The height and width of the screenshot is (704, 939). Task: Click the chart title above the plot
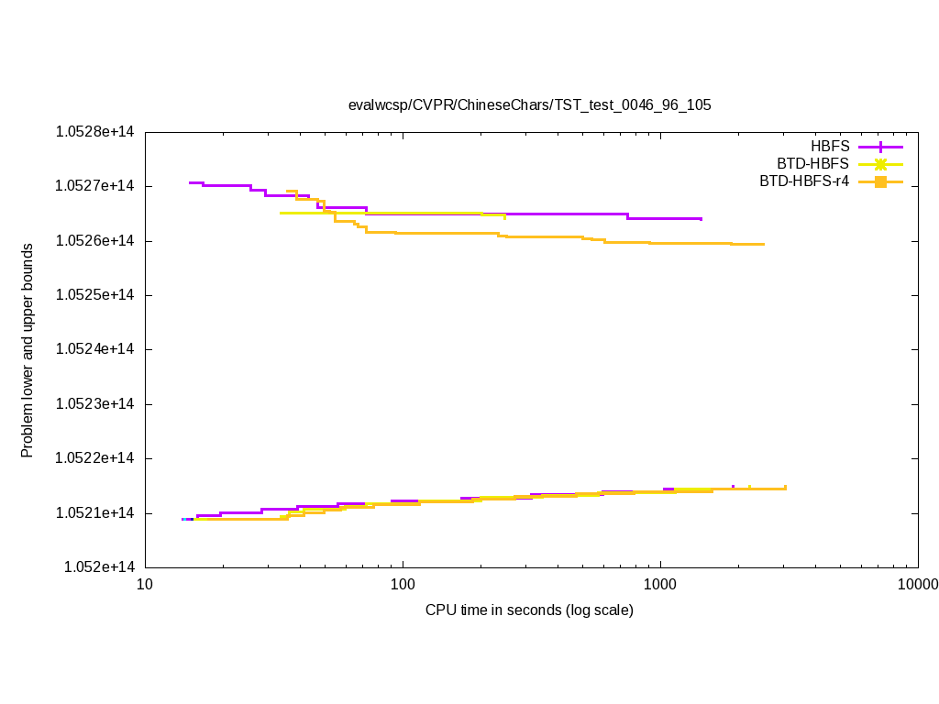point(529,104)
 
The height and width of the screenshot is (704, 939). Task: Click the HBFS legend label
point(830,146)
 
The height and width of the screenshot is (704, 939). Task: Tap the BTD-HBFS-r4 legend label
point(804,181)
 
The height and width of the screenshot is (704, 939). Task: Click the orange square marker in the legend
point(880,181)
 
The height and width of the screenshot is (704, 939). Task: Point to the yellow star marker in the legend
point(880,164)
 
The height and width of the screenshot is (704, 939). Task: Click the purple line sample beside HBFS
point(880,147)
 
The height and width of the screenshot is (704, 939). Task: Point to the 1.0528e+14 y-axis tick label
point(95,132)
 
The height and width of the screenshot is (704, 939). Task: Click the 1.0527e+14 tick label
point(95,186)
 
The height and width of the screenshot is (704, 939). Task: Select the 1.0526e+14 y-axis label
point(95,241)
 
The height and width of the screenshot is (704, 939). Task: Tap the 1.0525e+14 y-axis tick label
point(95,295)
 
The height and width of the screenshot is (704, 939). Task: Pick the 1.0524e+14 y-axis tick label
point(95,349)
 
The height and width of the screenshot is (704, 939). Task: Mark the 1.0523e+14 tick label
point(95,404)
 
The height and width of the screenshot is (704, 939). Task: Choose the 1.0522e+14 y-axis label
point(95,458)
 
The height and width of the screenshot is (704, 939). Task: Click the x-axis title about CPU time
point(529,610)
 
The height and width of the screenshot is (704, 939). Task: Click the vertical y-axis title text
point(28,350)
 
